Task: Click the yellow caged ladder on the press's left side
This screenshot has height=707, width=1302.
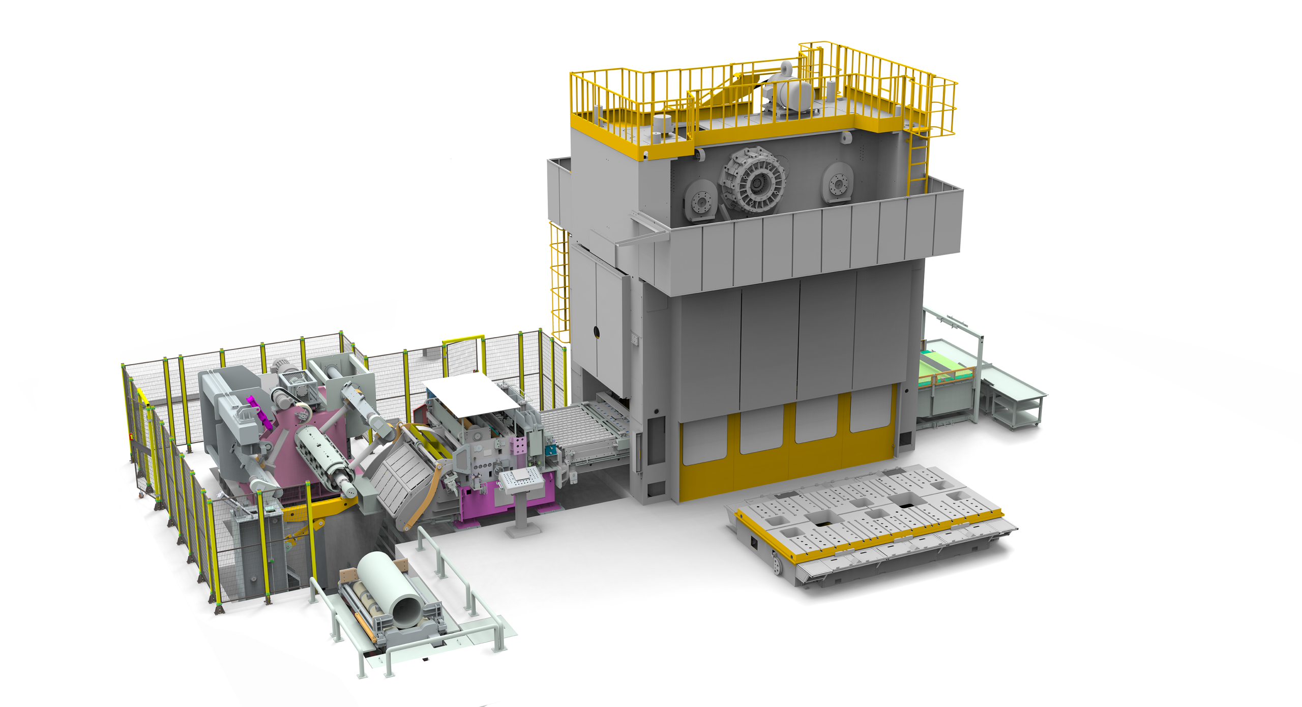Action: [x=559, y=285]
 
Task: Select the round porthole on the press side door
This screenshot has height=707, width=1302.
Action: [x=596, y=333]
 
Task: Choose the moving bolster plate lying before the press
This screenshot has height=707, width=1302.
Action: [x=870, y=524]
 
